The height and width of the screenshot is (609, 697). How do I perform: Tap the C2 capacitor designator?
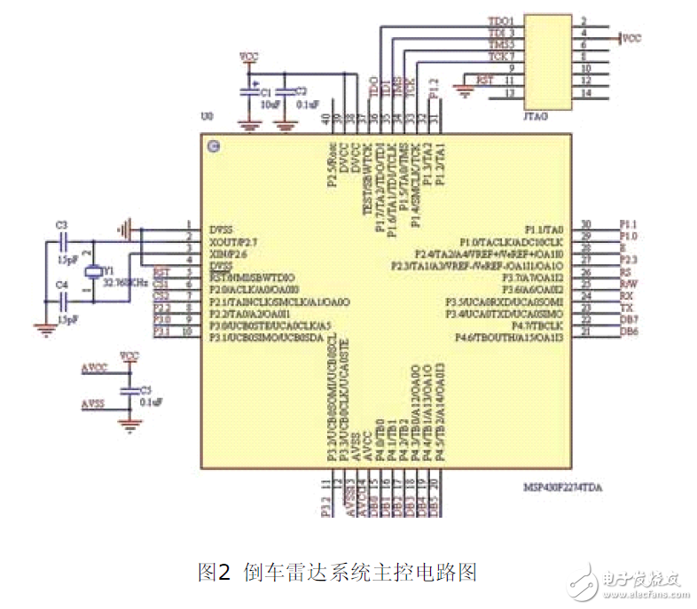pyautogui.click(x=301, y=90)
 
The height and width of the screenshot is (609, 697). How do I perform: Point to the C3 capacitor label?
pyautogui.click(x=61, y=225)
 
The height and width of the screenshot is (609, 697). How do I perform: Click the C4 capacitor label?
pyautogui.click(x=61, y=285)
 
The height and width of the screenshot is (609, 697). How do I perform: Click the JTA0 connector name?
pyautogui.click(x=537, y=114)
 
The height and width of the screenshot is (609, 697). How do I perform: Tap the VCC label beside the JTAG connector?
pyautogui.click(x=631, y=38)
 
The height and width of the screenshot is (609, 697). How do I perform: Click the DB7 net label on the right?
pyautogui.click(x=629, y=318)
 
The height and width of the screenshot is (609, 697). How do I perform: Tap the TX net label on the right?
pyautogui.click(x=626, y=307)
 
